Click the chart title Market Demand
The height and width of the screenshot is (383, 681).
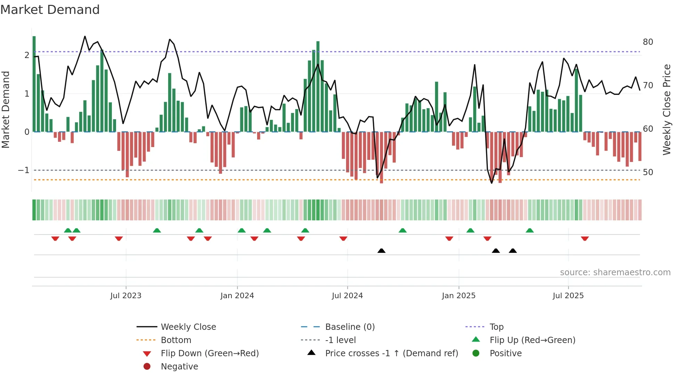click(x=50, y=10)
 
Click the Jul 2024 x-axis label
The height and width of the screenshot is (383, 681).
click(x=347, y=296)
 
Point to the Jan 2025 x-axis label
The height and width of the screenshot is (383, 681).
click(x=458, y=296)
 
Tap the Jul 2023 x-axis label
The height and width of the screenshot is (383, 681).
click(x=126, y=296)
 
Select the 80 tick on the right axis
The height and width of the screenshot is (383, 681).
click(x=648, y=42)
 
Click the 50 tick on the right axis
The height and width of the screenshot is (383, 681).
click(x=648, y=172)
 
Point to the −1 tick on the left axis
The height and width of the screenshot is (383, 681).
click(x=24, y=170)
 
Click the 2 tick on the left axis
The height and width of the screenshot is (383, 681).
click(x=27, y=55)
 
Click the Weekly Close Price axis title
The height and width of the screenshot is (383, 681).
click(x=666, y=109)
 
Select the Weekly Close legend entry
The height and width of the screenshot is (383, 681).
click(x=188, y=327)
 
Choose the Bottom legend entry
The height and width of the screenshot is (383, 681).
click(x=176, y=340)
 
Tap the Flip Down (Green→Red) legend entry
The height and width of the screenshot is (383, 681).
click(x=210, y=353)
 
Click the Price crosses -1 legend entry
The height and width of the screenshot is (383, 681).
click(x=391, y=353)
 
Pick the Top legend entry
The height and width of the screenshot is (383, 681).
click(x=496, y=327)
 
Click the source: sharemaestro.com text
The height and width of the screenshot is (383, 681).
click(x=615, y=272)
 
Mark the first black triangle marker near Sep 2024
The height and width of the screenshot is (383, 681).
click(x=381, y=251)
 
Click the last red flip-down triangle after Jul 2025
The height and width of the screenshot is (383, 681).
click(x=585, y=238)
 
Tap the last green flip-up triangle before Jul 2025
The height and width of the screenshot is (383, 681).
click(x=530, y=230)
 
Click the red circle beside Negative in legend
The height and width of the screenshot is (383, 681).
click(x=147, y=367)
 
